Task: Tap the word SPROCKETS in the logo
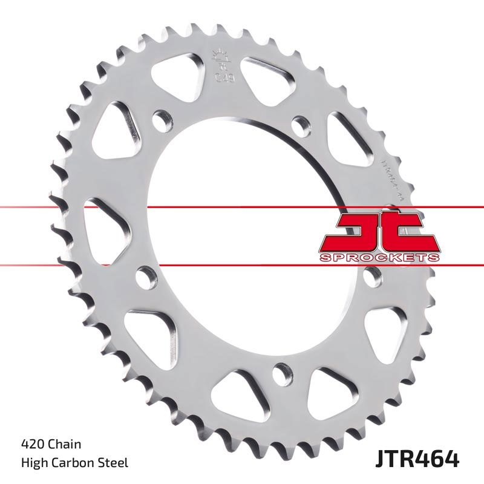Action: (379, 258)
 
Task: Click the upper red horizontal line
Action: (242, 208)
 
